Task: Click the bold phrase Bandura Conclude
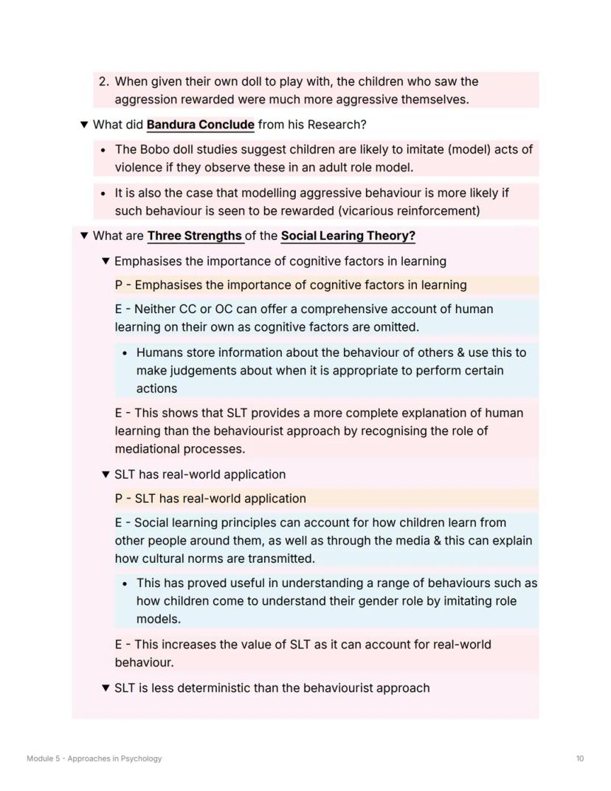click(200, 124)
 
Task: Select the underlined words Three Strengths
click(195, 236)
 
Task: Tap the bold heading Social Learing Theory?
click(348, 236)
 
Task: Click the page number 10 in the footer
click(580, 759)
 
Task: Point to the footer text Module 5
click(44, 759)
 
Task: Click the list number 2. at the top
click(104, 81)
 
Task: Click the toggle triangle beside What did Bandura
click(83, 124)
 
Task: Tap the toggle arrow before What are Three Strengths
click(83, 236)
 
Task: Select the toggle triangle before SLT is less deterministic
click(106, 688)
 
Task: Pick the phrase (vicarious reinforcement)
click(417, 210)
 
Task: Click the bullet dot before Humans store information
click(125, 352)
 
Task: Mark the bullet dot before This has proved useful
click(125, 583)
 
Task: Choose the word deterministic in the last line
click(214, 688)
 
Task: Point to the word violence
click(138, 167)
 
